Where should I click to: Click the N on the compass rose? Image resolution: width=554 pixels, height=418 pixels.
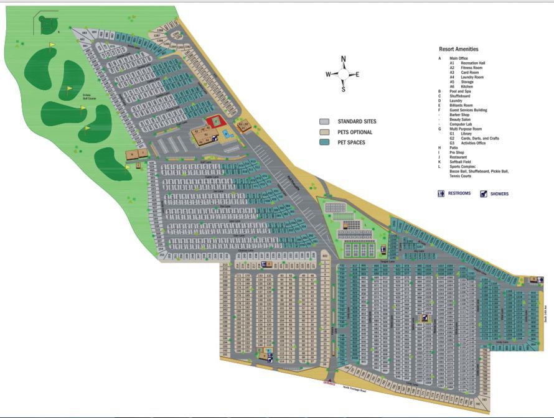click(343, 60)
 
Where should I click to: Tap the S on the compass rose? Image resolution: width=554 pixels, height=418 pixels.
click(343, 89)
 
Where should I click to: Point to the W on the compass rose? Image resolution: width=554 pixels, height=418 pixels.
click(328, 75)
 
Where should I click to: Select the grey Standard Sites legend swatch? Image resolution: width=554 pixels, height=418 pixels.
click(324, 122)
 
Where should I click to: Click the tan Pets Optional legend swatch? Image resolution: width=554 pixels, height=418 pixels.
click(324, 132)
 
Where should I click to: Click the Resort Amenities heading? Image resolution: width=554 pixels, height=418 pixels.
click(459, 49)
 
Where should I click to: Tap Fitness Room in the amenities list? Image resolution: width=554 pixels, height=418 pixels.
click(469, 67)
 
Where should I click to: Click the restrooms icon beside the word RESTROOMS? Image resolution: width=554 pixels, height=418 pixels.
click(441, 193)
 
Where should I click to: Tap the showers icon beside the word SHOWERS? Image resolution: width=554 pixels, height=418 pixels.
click(484, 193)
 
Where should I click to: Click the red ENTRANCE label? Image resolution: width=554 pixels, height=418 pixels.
click(329, 384)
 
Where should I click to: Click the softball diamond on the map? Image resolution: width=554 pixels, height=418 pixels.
click(47, 24)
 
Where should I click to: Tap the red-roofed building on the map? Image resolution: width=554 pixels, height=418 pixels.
click(215, 121)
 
